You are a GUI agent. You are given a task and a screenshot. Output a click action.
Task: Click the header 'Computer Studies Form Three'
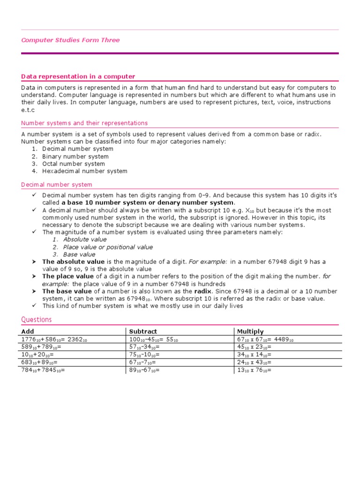[70, 40]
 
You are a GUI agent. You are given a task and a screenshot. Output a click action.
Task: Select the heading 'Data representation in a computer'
[78, 76]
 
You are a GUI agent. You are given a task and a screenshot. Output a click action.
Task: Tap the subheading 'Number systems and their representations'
[84, 123]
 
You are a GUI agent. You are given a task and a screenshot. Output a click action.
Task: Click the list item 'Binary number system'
[75, 157]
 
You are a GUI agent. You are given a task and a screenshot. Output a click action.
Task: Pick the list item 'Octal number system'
[73, 164]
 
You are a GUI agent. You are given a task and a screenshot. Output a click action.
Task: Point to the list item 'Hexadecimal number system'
[84, 171]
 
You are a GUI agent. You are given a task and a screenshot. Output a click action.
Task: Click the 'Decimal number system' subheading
[57, 185]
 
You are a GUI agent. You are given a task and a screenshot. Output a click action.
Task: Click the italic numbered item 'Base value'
[79, 255]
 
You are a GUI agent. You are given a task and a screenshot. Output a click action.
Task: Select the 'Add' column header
[28, 331]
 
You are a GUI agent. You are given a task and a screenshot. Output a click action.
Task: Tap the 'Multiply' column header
[250, 331]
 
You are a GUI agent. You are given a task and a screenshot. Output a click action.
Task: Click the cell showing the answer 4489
[265, 339]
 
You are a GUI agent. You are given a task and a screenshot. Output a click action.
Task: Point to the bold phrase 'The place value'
[68, 277]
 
